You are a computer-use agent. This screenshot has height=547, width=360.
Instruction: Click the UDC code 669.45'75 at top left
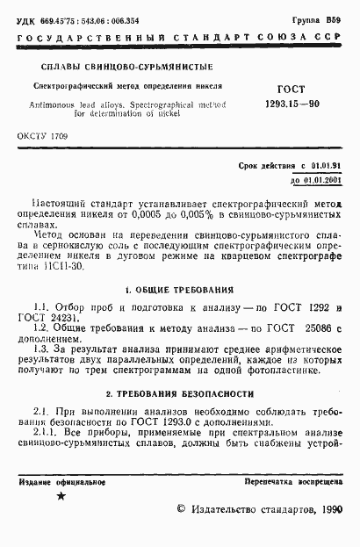(54, 18)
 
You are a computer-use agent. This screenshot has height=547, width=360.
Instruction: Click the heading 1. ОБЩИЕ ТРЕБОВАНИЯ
(180, 289)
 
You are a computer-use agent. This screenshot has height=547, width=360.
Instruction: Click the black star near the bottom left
(61, 497)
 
